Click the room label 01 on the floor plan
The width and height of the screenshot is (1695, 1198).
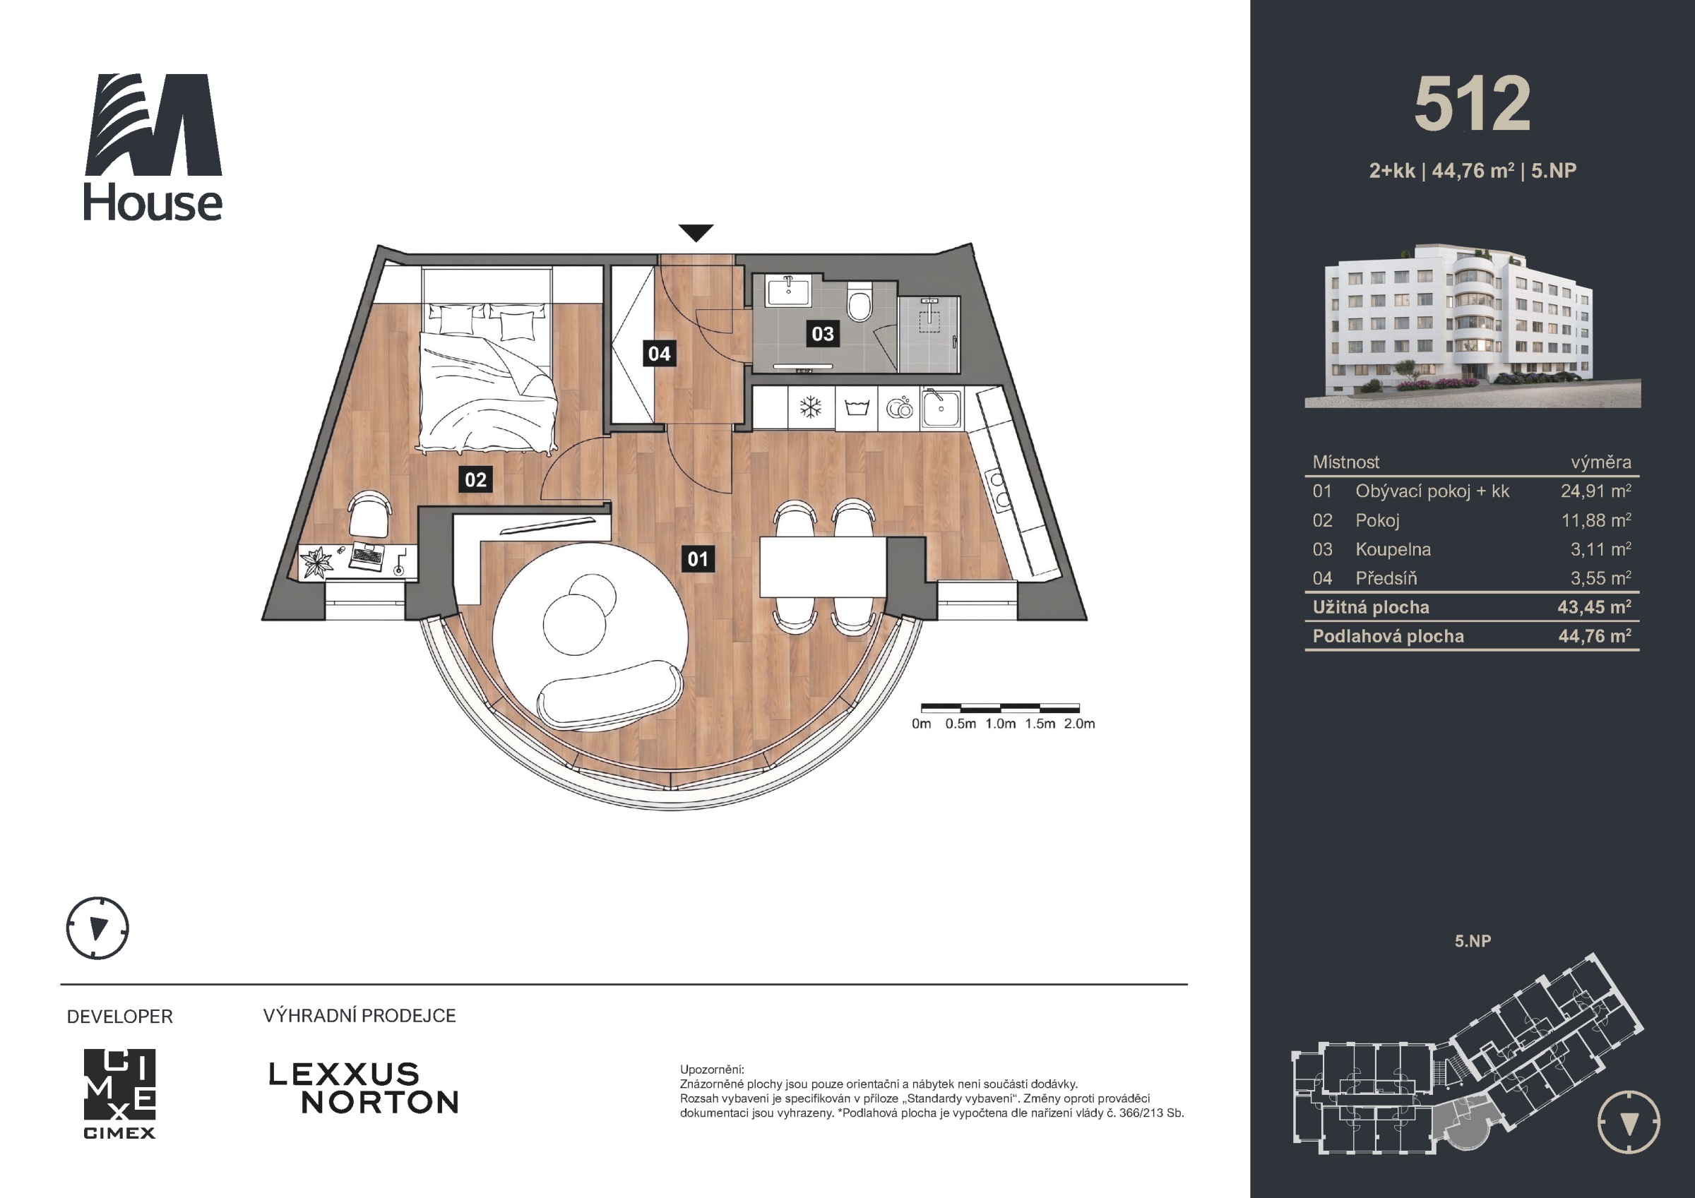coord(698,559)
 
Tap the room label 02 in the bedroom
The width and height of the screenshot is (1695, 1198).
coord(475,480)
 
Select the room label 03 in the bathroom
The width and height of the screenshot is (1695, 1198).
coord(822,334)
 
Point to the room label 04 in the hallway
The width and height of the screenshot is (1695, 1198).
coord(659,354)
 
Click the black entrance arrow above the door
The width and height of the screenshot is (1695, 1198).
coord(696,232)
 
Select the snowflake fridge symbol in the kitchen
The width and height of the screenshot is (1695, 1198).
coord(811,407)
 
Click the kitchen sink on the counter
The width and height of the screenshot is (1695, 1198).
coord(941,409)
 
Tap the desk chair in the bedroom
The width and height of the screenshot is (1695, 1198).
coord(369,515)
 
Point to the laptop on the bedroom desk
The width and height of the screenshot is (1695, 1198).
coord(367,555)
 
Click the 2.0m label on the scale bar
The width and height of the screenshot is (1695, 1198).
coord(1079,724)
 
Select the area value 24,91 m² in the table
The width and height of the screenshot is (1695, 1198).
coord(1595,491)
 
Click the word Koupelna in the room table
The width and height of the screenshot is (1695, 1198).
coord(1393,549)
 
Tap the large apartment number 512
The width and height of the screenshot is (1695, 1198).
coord(1472,104)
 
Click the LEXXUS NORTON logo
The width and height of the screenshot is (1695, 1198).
coord(363,1087)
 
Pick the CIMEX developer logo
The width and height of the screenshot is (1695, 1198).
coord(119,1094)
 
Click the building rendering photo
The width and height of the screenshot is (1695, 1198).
coord(1472,325)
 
